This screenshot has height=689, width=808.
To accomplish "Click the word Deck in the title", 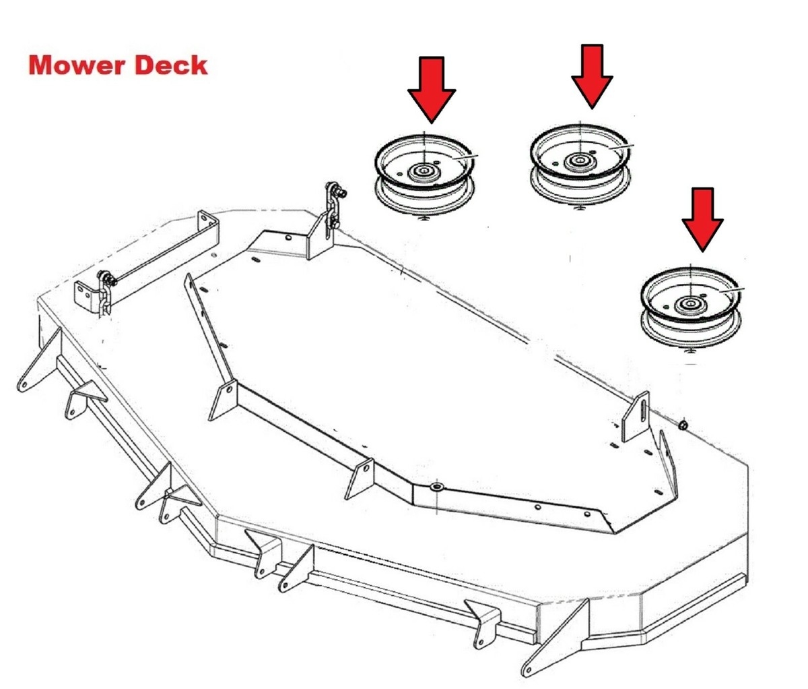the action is point(171,65).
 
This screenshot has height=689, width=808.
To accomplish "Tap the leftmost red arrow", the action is point(432,90).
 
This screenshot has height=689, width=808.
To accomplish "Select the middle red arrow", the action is point(592,76).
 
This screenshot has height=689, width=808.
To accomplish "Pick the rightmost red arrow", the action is point(702,219).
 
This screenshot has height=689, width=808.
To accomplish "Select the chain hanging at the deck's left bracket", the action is point(106,292).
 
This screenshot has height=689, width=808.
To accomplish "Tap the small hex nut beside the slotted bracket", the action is point(683,425).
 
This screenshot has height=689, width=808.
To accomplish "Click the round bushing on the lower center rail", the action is point(436,487).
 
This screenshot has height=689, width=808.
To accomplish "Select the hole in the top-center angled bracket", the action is point(288,237).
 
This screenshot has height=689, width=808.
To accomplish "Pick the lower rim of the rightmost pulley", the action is point(691,334).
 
